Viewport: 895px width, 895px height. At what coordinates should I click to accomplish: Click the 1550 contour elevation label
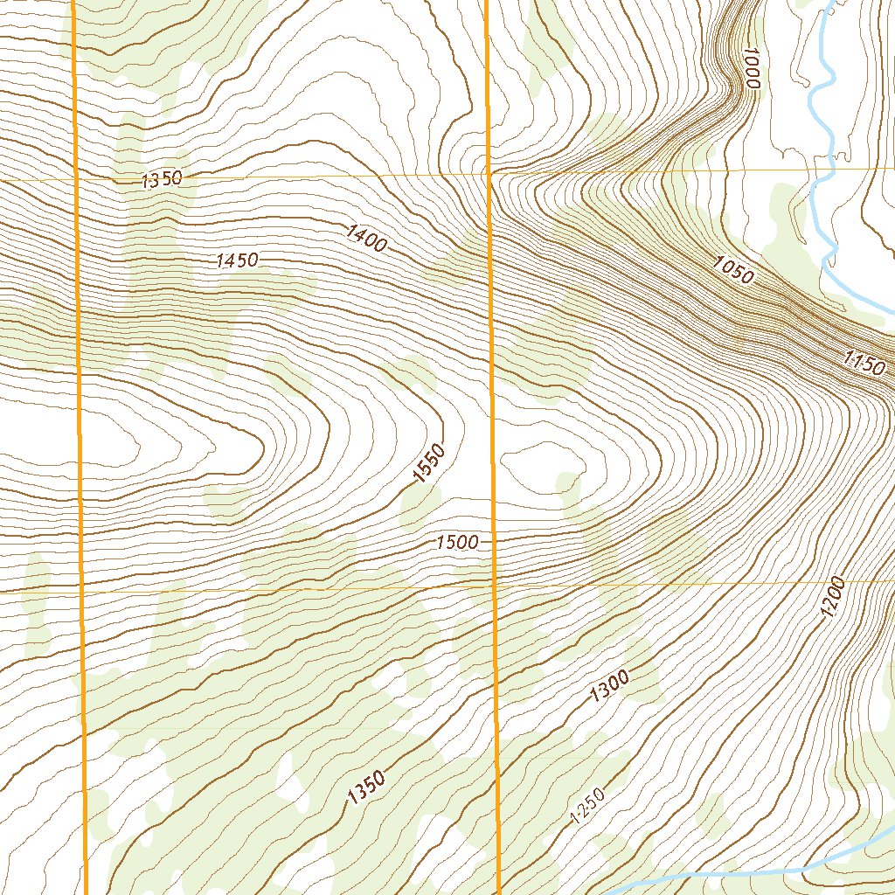click(430, 464)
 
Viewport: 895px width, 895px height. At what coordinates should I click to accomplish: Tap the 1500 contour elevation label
click(458, 543)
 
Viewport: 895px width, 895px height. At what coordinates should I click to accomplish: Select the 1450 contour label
click(237, 260)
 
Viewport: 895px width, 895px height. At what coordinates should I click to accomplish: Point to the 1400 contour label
click(366, 239)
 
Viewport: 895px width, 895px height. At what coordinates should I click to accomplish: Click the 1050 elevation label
click(732, 270)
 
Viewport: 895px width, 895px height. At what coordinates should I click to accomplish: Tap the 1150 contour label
click(864, 362)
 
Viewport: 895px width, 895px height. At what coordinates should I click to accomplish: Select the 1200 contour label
click(833, 598)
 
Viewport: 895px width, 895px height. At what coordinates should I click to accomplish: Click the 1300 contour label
click(610, 685)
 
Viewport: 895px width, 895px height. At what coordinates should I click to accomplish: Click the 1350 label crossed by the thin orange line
click(162, 179)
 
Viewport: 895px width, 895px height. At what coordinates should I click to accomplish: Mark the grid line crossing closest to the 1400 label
click(489, 174)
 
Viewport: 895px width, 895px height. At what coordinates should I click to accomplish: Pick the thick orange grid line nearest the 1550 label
click(491, 463)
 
